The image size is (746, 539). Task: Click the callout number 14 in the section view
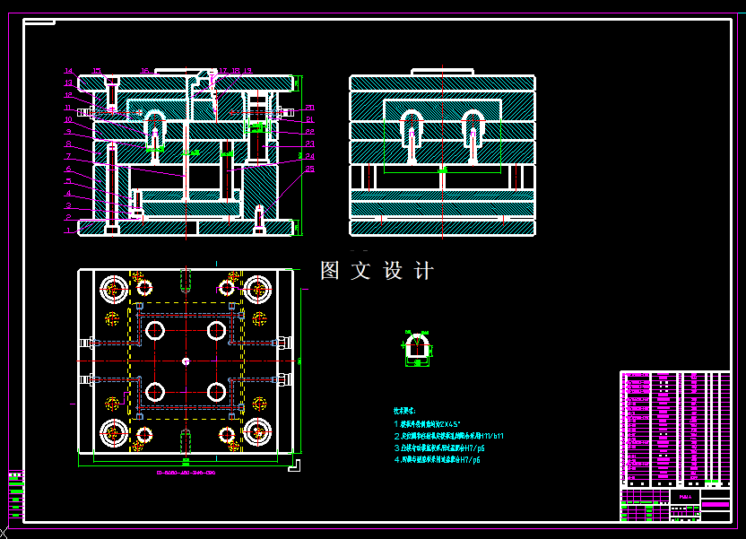pos(68,71)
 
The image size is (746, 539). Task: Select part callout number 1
pos(68,230)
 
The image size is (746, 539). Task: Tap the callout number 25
pos(309,169)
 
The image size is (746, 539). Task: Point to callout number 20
pos(309,108)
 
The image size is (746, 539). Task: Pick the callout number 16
pos(144,70)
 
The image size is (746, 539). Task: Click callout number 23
pos(309,143)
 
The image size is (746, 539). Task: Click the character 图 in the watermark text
pos(331,271)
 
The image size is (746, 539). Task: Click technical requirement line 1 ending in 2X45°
pos(427,423)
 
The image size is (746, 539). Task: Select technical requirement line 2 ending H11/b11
pos(448,436)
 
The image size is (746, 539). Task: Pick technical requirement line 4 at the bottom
pos(438,459)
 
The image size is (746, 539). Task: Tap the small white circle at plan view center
pos(185,361)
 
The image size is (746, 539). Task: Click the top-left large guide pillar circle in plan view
pos(115,289)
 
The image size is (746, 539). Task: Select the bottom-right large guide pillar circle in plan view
pos(257,432)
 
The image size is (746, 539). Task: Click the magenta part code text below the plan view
pos(186,472)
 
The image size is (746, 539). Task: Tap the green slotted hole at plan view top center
pos(185,281)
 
